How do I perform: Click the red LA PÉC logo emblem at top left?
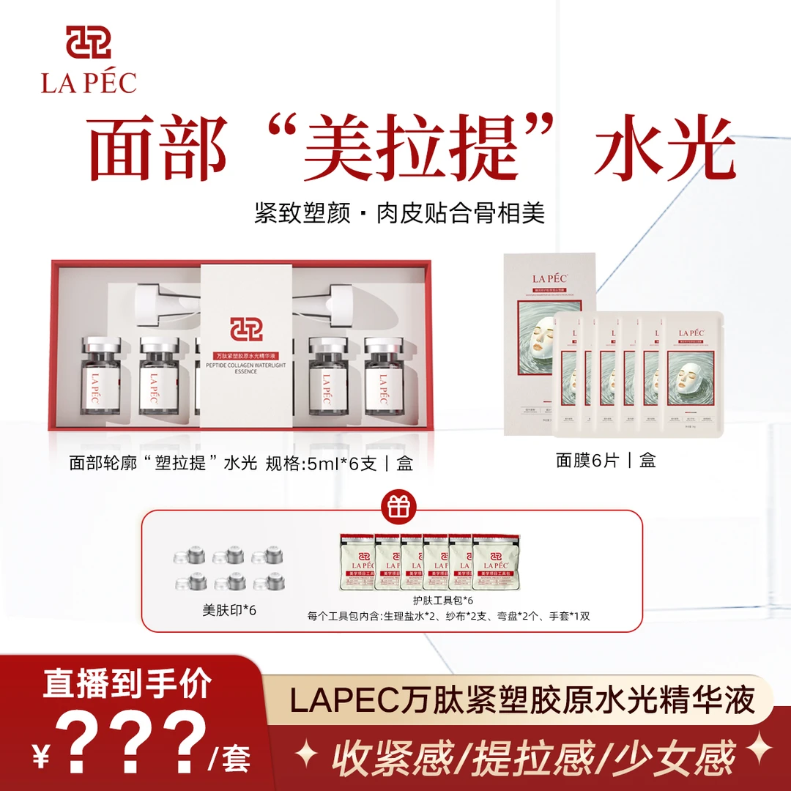pyautogui.click(x=89, y=42)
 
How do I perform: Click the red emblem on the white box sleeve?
pyautogui.click(x=246, y=325)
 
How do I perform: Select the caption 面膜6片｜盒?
pyautogui.click(x=606, y=460)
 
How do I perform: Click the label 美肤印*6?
pyautogui.click(x=229, y=610)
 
